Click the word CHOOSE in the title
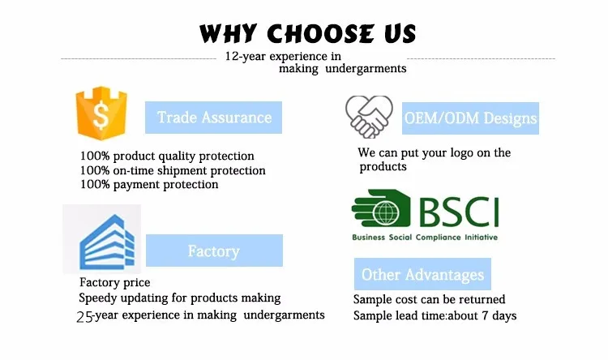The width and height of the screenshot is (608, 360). pos(321,33)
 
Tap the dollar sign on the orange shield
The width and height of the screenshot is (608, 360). pos(101,115)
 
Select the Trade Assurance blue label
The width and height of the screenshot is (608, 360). pos(214,118)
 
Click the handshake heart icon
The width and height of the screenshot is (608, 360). pos(369,117)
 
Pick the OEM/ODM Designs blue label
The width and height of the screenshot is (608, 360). pos(470,118)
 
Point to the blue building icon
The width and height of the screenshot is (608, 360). pos(107,242)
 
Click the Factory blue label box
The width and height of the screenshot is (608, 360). pos(215,251)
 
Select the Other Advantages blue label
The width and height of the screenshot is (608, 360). pos(422,274)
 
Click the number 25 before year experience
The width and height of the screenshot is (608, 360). pos(85,317)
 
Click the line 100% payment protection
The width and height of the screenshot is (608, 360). pos(149,185)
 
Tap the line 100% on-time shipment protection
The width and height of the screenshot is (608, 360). pos(173,171)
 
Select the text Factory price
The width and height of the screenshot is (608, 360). pos(115,283)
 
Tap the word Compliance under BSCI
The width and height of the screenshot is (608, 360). pos(438,238)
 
